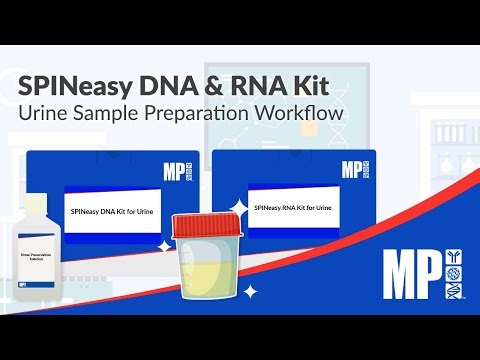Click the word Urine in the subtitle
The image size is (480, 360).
[x=44, y=113]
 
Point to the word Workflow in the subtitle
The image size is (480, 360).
[x=297, y=113]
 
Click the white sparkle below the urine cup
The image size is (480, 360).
[x=251, y=291]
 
